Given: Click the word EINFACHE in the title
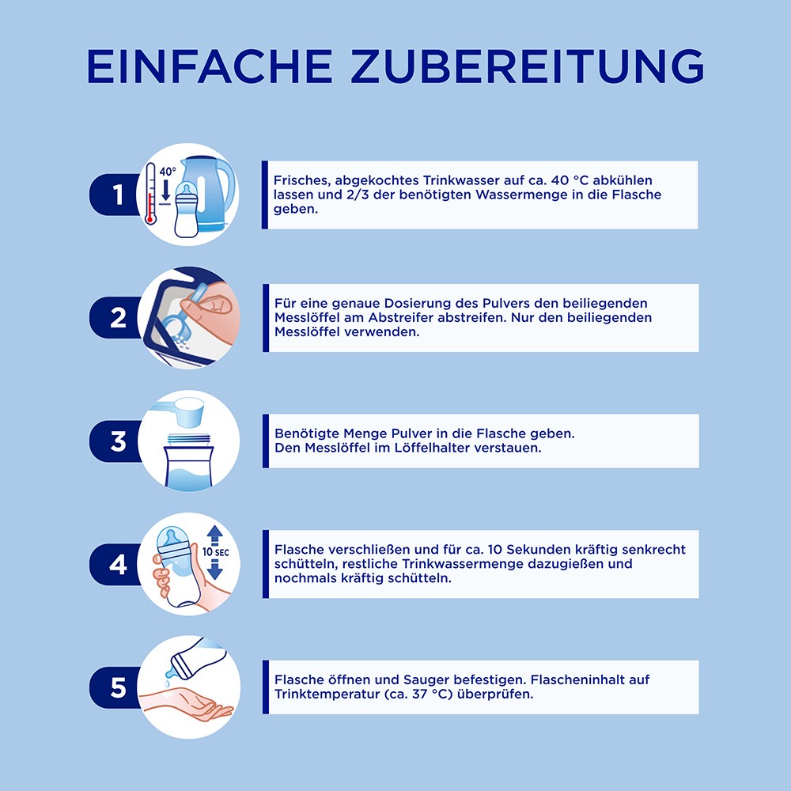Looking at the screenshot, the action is coord(210,66).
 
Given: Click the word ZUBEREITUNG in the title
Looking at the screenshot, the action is coord(528,66).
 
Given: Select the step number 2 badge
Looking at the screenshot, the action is coord(115,318).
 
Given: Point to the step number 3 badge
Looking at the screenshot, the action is coord(115,441).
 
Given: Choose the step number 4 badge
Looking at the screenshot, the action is coord(115,565).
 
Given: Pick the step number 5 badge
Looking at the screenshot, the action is coord(115,687).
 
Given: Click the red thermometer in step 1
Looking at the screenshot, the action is coord(149,193).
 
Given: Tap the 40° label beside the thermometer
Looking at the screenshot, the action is coord(168,172).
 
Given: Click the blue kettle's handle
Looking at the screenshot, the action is coord(227,187).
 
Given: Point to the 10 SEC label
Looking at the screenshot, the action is coord(215,552).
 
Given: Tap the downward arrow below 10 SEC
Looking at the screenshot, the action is coord(215,570).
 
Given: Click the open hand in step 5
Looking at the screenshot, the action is coord(187,702).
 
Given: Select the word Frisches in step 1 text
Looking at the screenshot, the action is coord(301,180).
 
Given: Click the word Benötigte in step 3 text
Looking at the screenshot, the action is coord(307,433).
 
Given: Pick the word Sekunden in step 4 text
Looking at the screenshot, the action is coord(538,550).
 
